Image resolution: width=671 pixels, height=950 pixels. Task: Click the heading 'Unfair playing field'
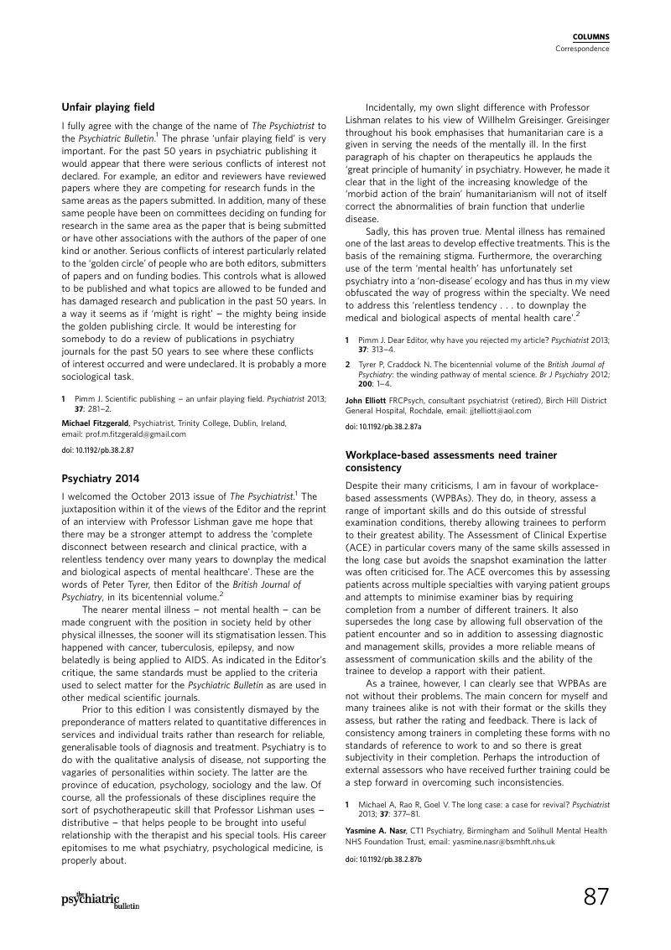(x=108, y=106)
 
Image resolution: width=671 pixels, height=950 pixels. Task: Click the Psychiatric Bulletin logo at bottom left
(x=100, y=900)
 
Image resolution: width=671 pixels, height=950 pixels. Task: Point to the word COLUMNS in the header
(x=590, y=37)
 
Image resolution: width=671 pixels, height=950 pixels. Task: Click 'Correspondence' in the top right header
(x=582, y=49)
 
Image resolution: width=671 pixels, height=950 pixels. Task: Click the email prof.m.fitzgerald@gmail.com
(x=133, y=434)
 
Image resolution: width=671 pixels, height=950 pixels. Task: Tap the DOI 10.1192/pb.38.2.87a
(x=383, y=427)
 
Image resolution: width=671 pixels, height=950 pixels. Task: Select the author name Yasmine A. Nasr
(x=375, y=830)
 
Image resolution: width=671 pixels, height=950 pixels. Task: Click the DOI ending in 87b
(x=383, y=859)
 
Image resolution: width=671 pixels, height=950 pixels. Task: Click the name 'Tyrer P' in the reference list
(x=372, y=366)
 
